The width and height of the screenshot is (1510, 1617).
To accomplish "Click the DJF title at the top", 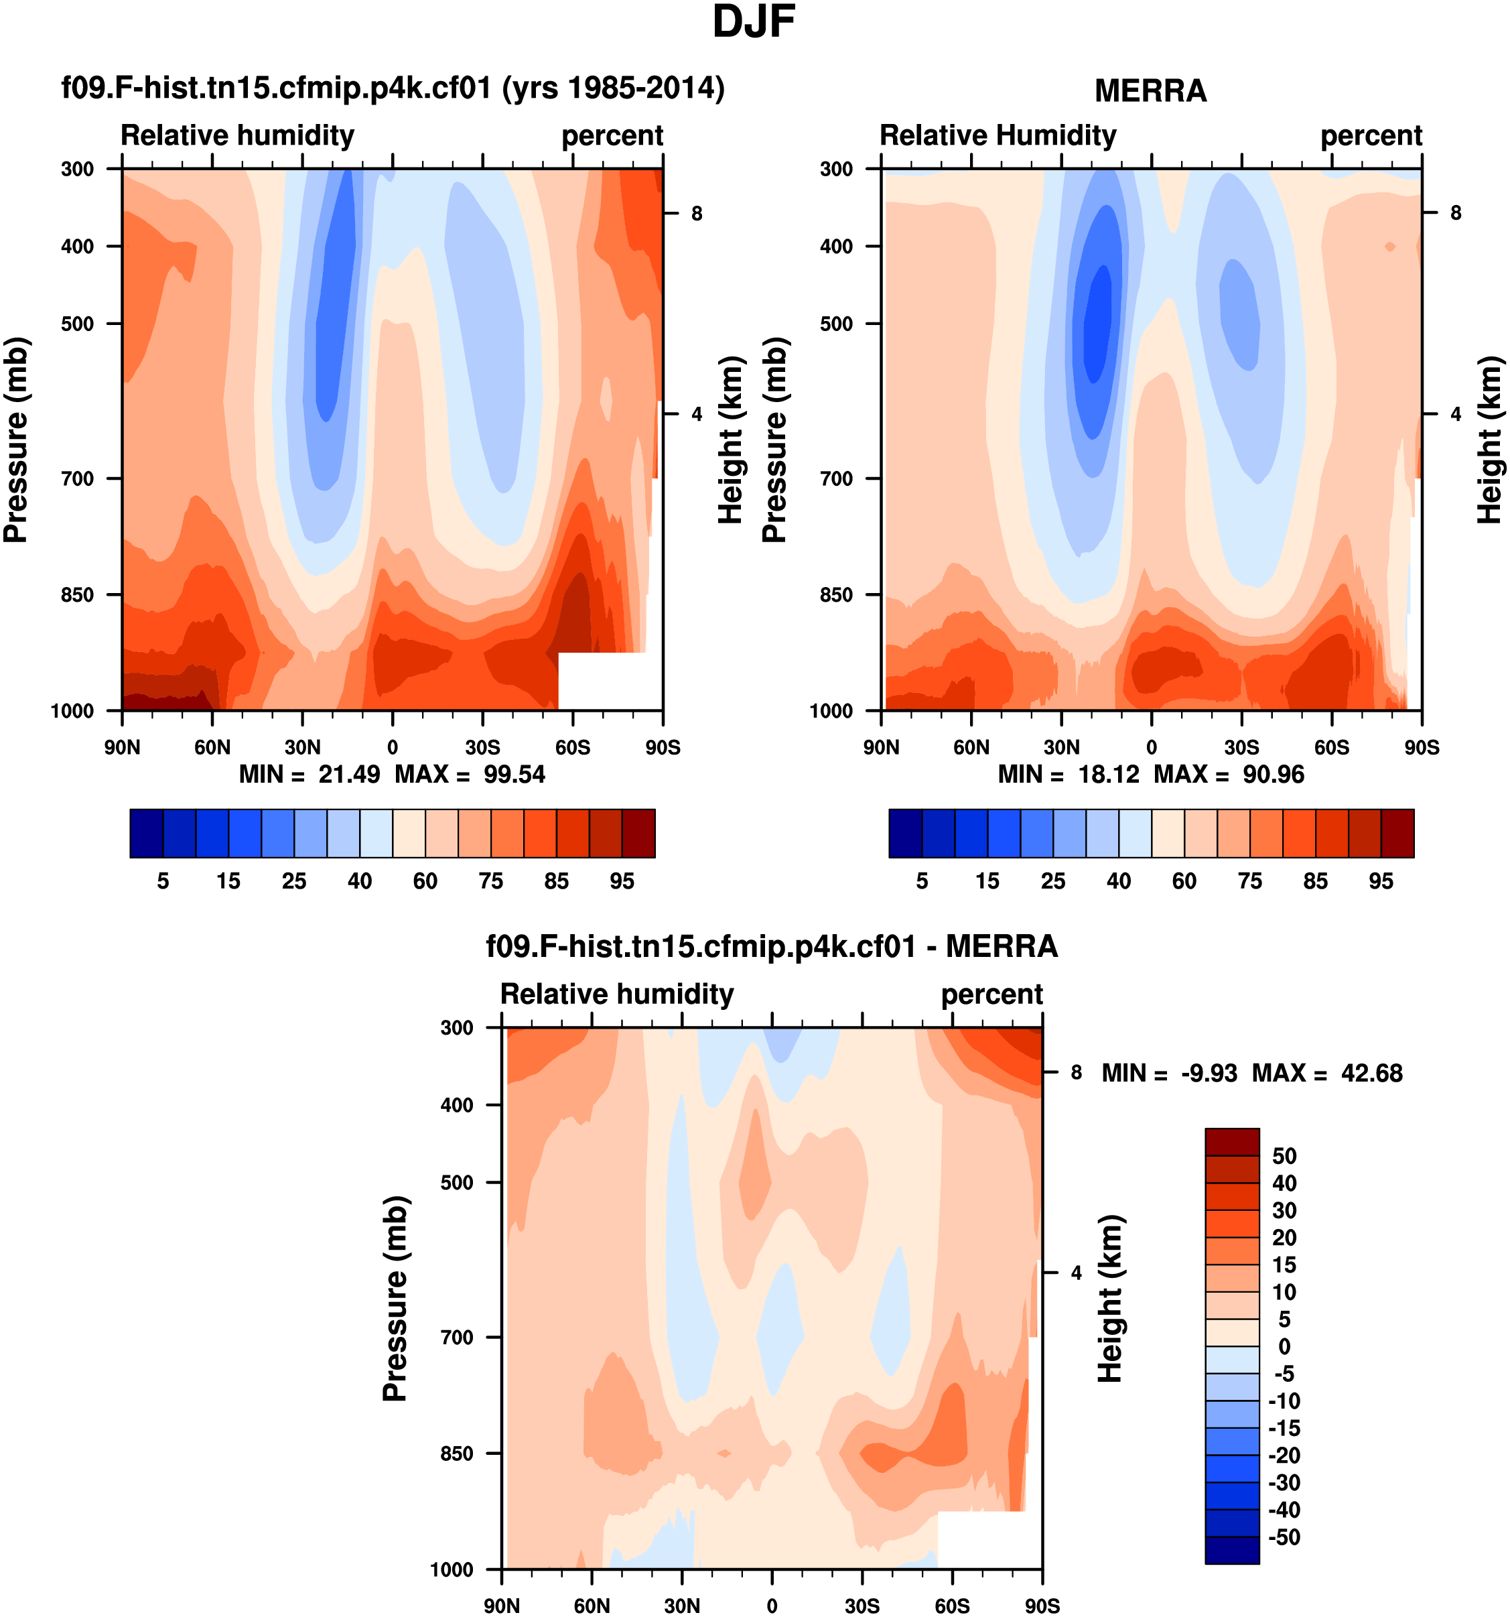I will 753,22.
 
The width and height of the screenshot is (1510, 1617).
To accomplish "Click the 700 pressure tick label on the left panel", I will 78,479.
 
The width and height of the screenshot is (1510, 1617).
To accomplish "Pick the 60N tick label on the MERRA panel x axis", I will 971,747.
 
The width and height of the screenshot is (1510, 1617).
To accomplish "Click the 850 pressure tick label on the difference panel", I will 457,1453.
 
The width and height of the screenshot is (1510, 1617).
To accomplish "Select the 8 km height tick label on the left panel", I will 697,214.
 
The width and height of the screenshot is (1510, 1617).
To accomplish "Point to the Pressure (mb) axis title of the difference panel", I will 395,1299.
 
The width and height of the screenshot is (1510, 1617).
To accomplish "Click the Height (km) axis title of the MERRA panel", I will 1489,440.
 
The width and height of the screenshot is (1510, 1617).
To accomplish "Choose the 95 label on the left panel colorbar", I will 622,882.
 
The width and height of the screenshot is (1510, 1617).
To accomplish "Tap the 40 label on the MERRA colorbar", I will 1118,882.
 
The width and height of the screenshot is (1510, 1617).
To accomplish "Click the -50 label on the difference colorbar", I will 1283,1537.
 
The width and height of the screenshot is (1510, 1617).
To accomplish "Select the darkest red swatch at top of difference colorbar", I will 1232,1142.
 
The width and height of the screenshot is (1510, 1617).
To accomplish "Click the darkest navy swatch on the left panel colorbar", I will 146,834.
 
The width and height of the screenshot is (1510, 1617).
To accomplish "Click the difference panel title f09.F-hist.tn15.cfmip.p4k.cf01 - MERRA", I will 772,947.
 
